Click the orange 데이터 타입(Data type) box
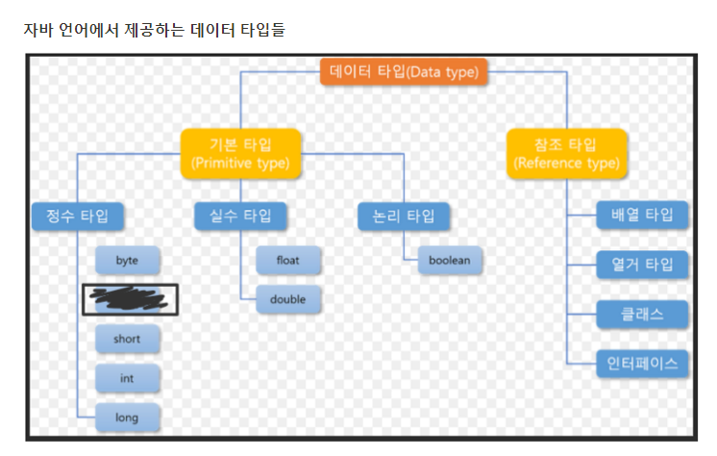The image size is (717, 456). (404, 71)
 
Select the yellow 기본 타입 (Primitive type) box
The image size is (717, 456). (241, 153)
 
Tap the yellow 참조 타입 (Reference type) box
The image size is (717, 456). (566, 153)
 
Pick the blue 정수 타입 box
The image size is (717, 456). (78, 215)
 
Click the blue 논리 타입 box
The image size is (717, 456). (404, 215)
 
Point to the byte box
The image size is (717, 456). (127, 261)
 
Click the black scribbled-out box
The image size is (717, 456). (130, 300)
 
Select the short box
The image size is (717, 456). (127, 339)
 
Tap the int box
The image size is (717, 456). (127, 378)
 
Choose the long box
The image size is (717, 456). (127, 417)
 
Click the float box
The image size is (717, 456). (288, 261)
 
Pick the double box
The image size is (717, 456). (288, 299)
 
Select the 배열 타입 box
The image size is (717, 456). (642, 215)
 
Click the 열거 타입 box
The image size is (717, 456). (642, 264)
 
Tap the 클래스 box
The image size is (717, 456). (642, 314)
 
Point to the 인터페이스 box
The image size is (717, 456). (642, 363)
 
